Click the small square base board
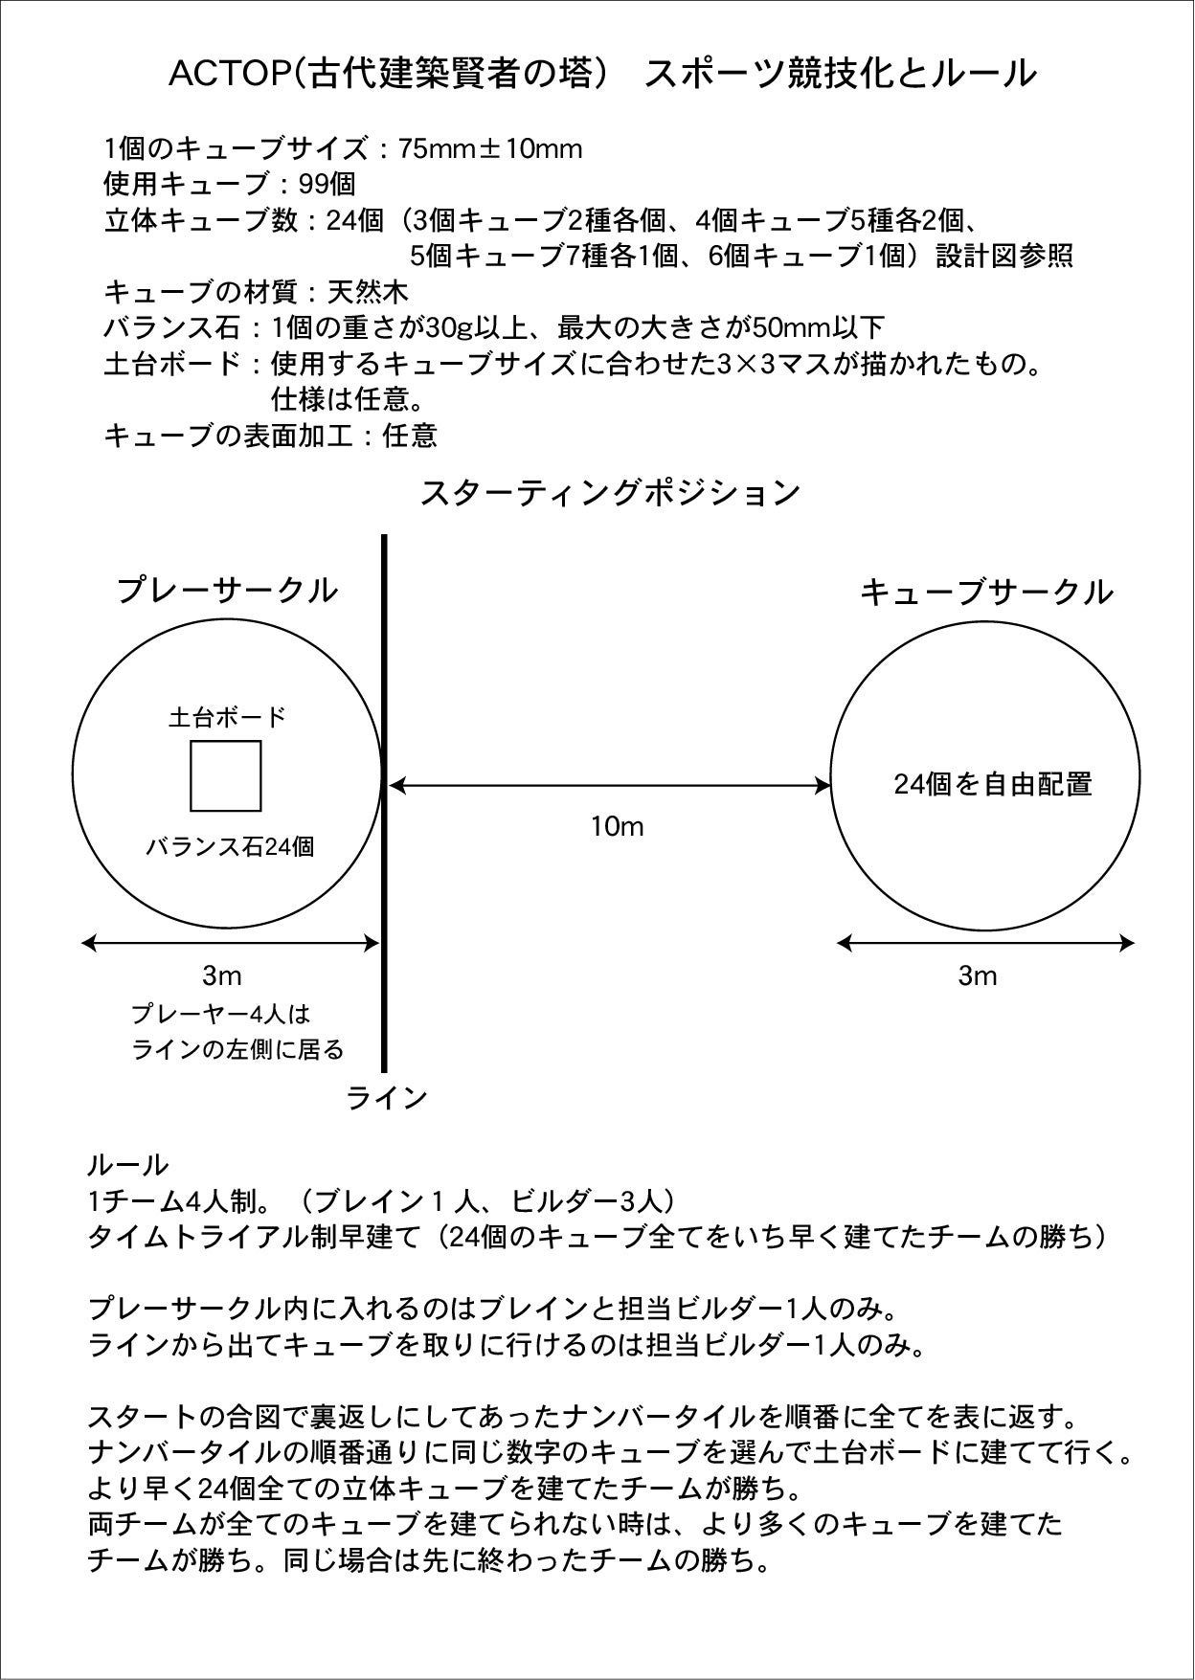point(226,775)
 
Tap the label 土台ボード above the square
point(227,717)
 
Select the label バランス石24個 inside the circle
point(230,846)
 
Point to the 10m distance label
point(617,826)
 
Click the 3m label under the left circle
point(221,975)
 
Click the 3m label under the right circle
point(978,975)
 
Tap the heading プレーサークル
point(228,590)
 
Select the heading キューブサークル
point(986,593)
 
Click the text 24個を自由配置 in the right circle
point(993,784)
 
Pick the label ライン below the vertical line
point(386,1098)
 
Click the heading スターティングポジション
point(610,493)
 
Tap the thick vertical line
point(384,670)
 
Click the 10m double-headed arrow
point(610,786)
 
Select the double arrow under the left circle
point(230,943)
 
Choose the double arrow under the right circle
point(985,943)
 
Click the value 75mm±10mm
point(491,149)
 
